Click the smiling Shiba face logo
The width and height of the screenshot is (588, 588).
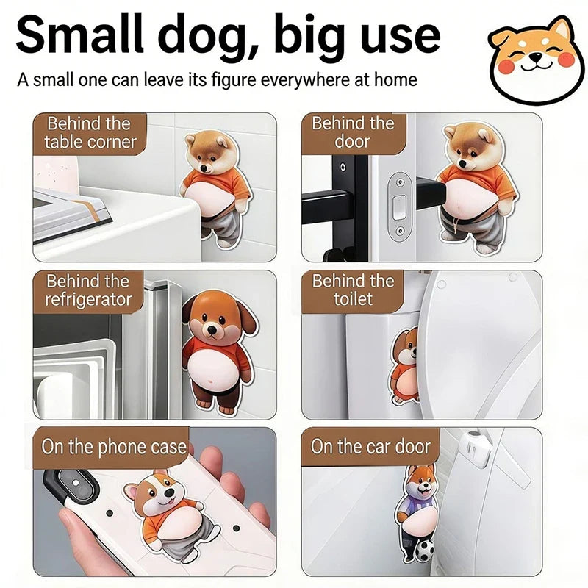pyautogui.click(x=536, y=60)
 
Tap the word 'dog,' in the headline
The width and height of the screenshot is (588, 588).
pyautogui.click(x=204, y=37)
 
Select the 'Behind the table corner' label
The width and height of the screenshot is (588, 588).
pyautogui.click(x=90, y=133)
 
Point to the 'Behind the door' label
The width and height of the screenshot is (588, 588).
pyautogui.click(x=354, y=132)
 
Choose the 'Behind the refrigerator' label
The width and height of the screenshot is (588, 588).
pyautogui.click(x=88, y=291)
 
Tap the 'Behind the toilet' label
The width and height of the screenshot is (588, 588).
pyautogui.click(x=353, y=290)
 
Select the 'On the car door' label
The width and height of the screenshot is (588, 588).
pyautogui.click(x=370, y=446)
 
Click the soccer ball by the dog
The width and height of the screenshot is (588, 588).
pyautogui.click(x=424, y=550)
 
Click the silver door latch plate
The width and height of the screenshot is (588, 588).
pyautogui.click(x=399, y=207)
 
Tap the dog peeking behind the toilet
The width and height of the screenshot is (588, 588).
pyautogui.click(x=406, y=366)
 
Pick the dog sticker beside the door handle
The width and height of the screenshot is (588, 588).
pyautogui.click(x=477, y=187)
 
